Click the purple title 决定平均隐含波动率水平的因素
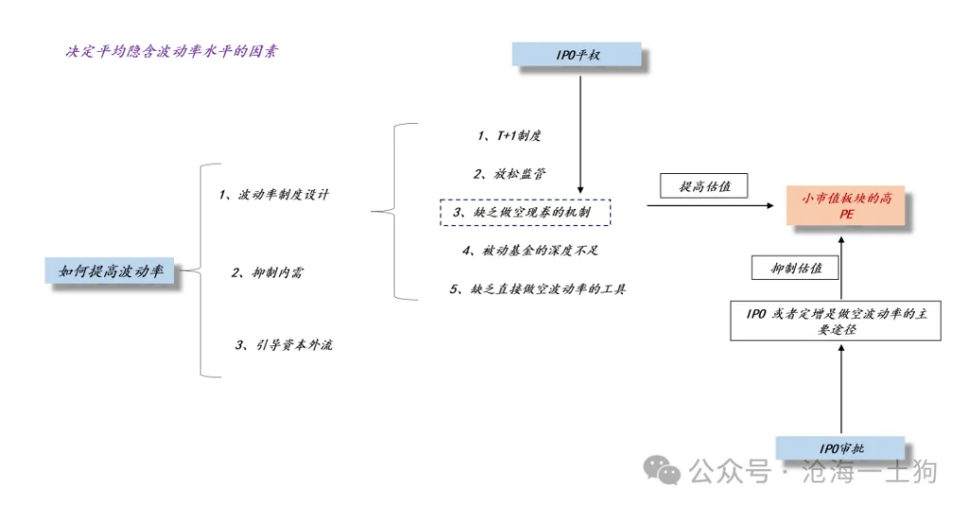[172, 51]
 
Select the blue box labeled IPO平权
[576, 54]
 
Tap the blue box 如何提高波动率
[110, 271]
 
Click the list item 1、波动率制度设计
[273, 195]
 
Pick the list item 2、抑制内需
[267, 273]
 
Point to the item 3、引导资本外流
[284, 345]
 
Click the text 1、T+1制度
[509, 135]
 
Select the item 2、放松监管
[510, 174]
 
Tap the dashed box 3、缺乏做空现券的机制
[525, 212]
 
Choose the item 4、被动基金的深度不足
[530, 251]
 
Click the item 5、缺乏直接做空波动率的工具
[537, 289]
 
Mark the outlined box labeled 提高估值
[704, 185]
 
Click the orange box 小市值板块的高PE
[845, 205]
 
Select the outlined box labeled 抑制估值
[795, 268]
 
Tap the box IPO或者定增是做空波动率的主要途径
[836, 321]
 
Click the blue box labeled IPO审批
[840, 448]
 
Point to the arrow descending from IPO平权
[580, 134]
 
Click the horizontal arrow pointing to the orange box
[711, 205]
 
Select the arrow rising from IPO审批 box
[841, 390]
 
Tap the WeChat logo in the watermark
[661, 470]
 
